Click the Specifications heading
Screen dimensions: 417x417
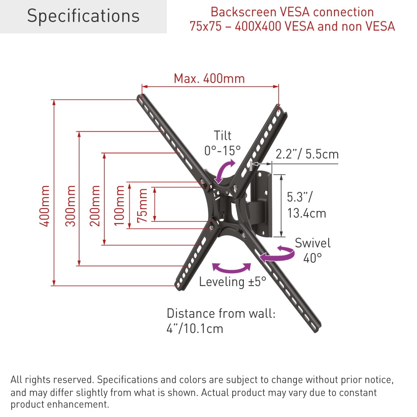coord(83,16)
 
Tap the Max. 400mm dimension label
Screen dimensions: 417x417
coord(209,78)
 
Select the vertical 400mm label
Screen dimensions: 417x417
coord(45,206)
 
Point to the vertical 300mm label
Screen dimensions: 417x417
coord(70,206)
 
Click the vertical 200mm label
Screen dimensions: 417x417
coord(95,206)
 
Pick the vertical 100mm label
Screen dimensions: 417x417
coord(119,206)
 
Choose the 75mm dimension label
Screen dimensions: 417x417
coord(142,205)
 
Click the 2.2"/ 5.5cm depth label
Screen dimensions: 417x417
coord(307,154)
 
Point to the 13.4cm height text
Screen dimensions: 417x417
coord(306,213)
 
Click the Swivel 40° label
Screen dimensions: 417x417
coord(313,250)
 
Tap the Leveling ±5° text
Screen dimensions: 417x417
coord(232,282)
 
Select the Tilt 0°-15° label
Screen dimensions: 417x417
coord(223,143)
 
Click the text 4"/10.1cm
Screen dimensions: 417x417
coord(195,329)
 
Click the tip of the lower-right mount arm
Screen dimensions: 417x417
coord(317,329)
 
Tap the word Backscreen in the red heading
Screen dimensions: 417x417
coord(244,12)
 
